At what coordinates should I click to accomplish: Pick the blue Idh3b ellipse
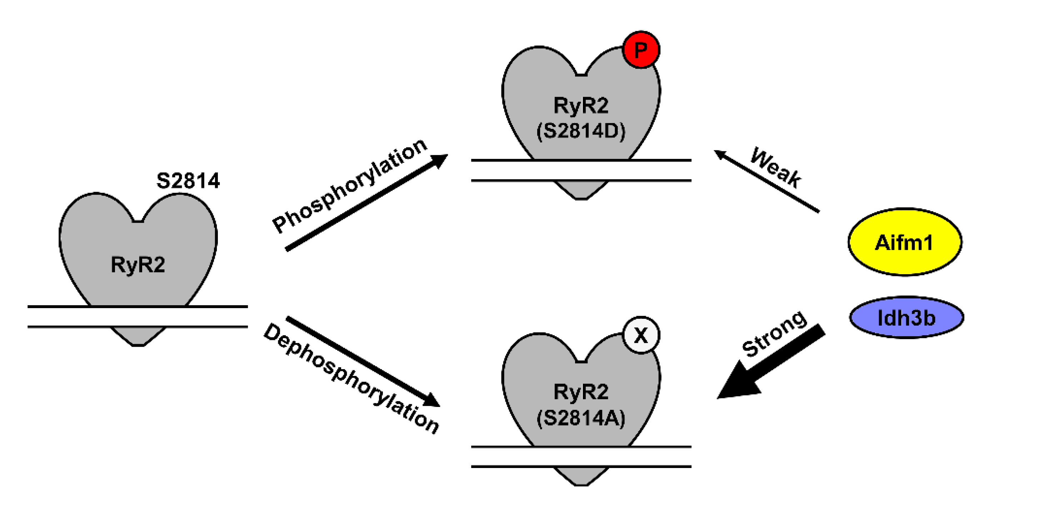(x=906, y=317)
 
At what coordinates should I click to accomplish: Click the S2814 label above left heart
(x=188, y=181)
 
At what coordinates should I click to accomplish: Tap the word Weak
(x=775, y=167)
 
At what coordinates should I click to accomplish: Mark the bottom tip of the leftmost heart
(x=138, y=345)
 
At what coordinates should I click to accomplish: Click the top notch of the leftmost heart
(x=138, y=221)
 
